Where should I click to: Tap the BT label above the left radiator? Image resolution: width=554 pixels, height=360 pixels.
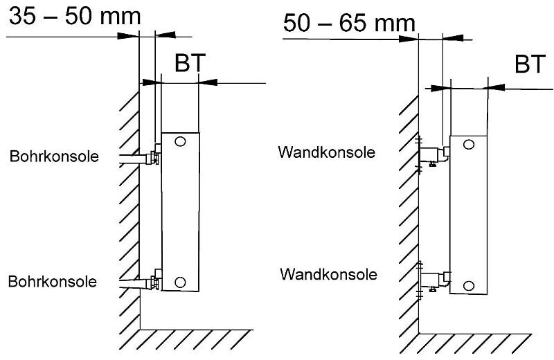click(189, 63)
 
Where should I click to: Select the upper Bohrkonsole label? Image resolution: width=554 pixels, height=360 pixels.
click(53, 156)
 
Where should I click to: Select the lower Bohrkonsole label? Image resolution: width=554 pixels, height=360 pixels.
click(53, 282)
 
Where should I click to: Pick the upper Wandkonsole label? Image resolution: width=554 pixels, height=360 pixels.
click(327, 152)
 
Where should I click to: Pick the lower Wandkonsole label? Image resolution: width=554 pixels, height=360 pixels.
click(328, 274)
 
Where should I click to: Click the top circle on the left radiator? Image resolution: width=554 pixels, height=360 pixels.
click(180, 142)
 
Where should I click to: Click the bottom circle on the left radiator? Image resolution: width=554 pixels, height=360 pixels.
click(180, 281)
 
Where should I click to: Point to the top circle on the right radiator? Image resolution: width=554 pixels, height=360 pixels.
click(469, 145)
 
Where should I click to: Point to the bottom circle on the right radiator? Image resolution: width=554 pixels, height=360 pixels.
click(469, 285)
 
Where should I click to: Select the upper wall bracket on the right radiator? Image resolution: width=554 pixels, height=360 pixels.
click(435, 155)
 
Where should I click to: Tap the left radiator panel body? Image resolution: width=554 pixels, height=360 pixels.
click(180, 211)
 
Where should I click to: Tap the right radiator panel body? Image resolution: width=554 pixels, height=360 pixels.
click(470, 215)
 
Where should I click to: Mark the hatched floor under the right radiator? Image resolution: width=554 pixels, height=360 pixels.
click(485, 343)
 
